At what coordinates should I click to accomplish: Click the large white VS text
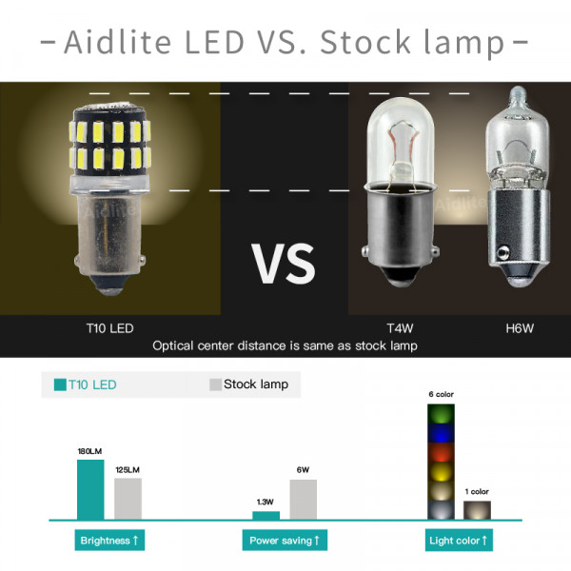coord(284,264)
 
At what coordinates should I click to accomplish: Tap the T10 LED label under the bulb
coord(110,328)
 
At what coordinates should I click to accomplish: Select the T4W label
coord(400,328)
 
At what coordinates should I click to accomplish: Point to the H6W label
coord(520,328)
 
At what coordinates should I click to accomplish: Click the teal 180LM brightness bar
coord(90,489)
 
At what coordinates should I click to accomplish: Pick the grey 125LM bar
coord(128,499)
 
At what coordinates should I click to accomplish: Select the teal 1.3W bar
coord(266,515)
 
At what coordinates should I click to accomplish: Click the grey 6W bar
coord(304,500)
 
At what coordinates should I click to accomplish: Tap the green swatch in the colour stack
coord(441,414)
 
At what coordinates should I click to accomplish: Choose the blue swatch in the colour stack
coord(441,433)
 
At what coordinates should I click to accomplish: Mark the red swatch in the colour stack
coord(441,452)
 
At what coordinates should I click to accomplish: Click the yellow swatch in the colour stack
coord(441,472)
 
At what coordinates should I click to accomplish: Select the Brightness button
coord(109,540)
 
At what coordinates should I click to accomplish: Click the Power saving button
coord(285,540)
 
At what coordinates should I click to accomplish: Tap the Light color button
coord(459,540)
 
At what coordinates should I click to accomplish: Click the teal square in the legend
coord(60,384)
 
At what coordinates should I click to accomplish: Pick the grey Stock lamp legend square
coord(216,384)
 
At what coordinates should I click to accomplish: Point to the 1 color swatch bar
coord(477,510)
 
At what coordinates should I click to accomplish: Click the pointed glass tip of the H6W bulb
coord(518,92)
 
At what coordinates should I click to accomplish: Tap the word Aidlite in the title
coord(118,42)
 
